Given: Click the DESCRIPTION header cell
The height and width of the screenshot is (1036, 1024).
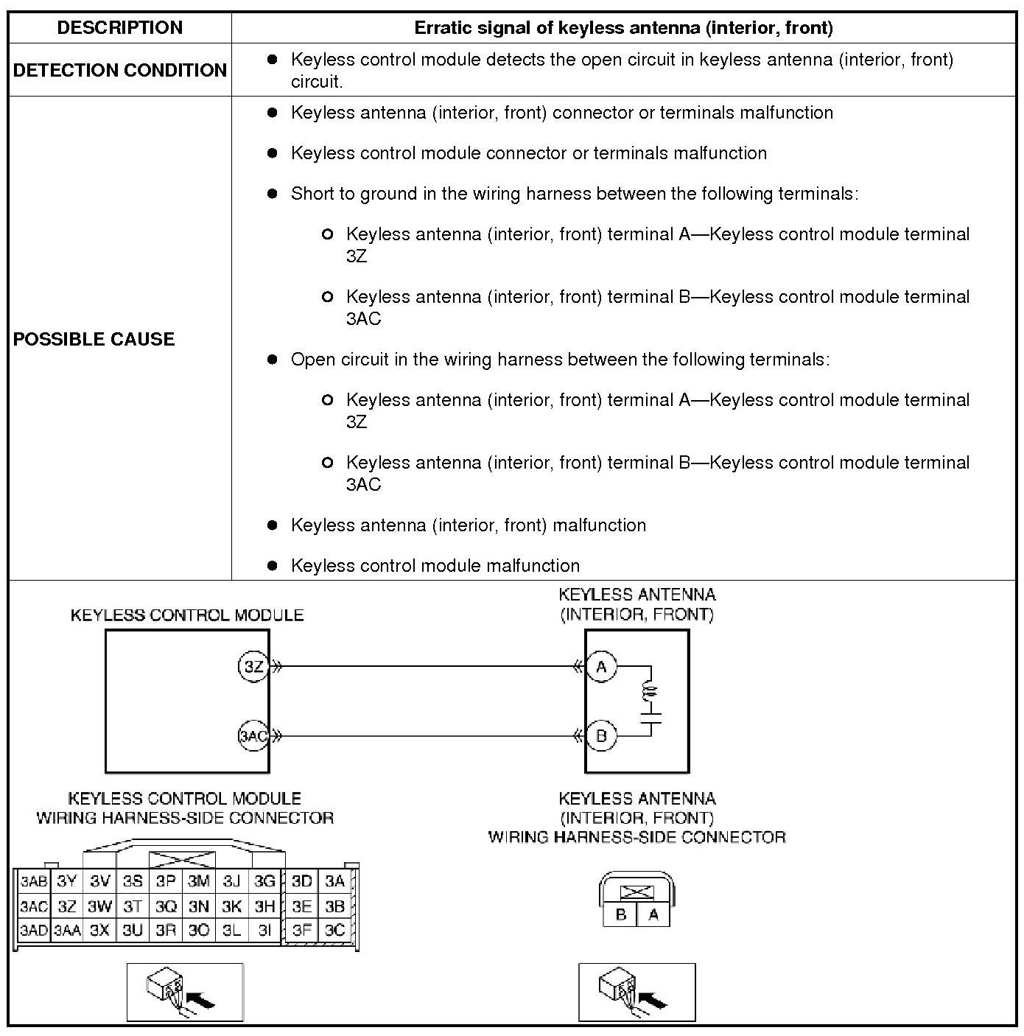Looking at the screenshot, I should [120, 28].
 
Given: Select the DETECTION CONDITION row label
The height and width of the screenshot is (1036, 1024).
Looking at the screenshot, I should [120, 70].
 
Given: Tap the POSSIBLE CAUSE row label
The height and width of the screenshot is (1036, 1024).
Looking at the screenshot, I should [94, 339].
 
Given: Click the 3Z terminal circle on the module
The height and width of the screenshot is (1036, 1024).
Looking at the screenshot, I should [253, 667].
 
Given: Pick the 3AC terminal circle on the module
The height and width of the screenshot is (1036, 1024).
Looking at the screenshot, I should [253, 735].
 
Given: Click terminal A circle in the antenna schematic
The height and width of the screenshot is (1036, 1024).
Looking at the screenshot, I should [602, 667].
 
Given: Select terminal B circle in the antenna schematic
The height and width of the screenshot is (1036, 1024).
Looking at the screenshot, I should [602, 735].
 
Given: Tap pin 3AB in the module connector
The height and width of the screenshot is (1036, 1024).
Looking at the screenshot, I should [33, 881].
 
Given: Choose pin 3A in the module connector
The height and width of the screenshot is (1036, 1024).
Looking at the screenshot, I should [335, 881].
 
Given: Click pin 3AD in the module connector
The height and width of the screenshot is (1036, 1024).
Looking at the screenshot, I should [33, 931].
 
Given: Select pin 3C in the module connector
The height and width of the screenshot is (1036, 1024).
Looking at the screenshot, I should [335, 931].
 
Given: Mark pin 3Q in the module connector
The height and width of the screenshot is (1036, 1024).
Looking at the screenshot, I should [166, 906].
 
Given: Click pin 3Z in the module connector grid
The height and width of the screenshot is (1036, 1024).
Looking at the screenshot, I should [67, 906].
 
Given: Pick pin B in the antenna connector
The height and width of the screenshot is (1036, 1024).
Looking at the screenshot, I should [621, 915].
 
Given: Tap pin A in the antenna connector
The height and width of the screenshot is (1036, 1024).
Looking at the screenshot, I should [653, 915].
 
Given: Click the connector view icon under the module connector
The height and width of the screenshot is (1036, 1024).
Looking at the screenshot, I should [185, 992].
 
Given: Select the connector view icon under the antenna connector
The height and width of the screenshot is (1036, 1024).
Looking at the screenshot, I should [637, 992].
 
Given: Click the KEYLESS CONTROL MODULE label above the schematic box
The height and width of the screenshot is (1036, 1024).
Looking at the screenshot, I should [187, 615].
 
